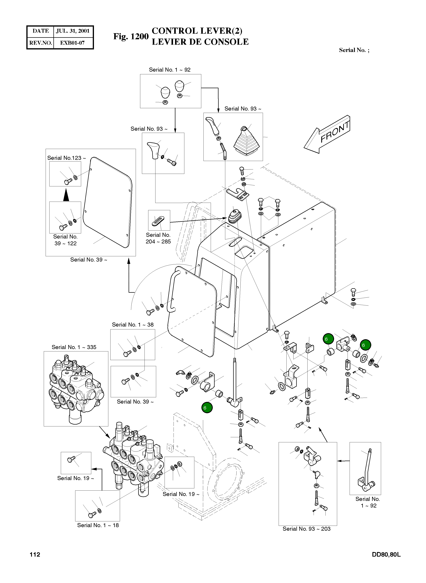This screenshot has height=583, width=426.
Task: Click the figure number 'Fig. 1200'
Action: coord(131,36)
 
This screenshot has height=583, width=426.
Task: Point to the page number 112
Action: coord(35,555)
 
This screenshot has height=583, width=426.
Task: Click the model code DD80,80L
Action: coord(386,555)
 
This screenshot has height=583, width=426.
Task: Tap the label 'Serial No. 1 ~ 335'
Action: coord(74,347)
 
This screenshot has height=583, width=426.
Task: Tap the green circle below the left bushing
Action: coord(207,408)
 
